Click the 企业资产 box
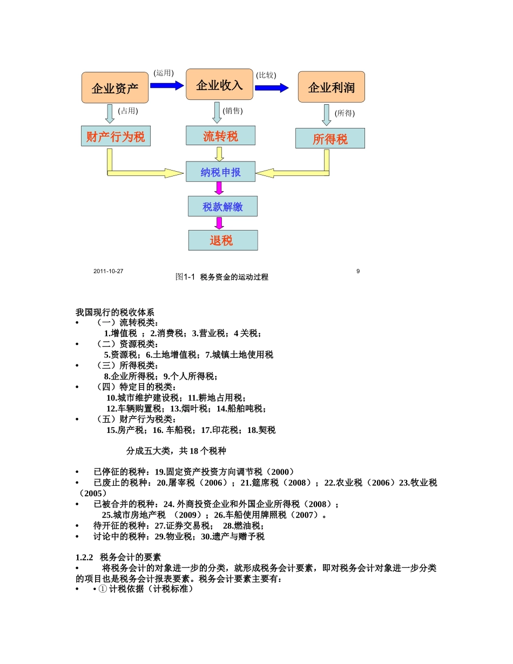[x=115, y=87]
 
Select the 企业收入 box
[x=219, y=84]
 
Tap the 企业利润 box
[x=331, y=87]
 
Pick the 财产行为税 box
[x=116, y=136]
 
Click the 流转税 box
[x=220, y=135]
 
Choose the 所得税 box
[x=330, y=138]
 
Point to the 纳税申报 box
[x=220, y=172]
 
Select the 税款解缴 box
[x=222, y=206]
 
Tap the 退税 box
[x=222, y=240]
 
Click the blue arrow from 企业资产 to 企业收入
[x=167, y=85]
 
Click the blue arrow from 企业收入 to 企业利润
[x=272, y=87]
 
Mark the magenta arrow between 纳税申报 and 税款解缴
[x=219, y=188]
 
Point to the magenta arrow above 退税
[x=219, y=223]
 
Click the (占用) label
[x=128, y=111]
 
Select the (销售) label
[x=233, y=111]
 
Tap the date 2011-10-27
[x=108, y=271]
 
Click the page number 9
[x=358, y=271]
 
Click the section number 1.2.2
[x=85, y=557]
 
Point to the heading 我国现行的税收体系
[x=116, y=312]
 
